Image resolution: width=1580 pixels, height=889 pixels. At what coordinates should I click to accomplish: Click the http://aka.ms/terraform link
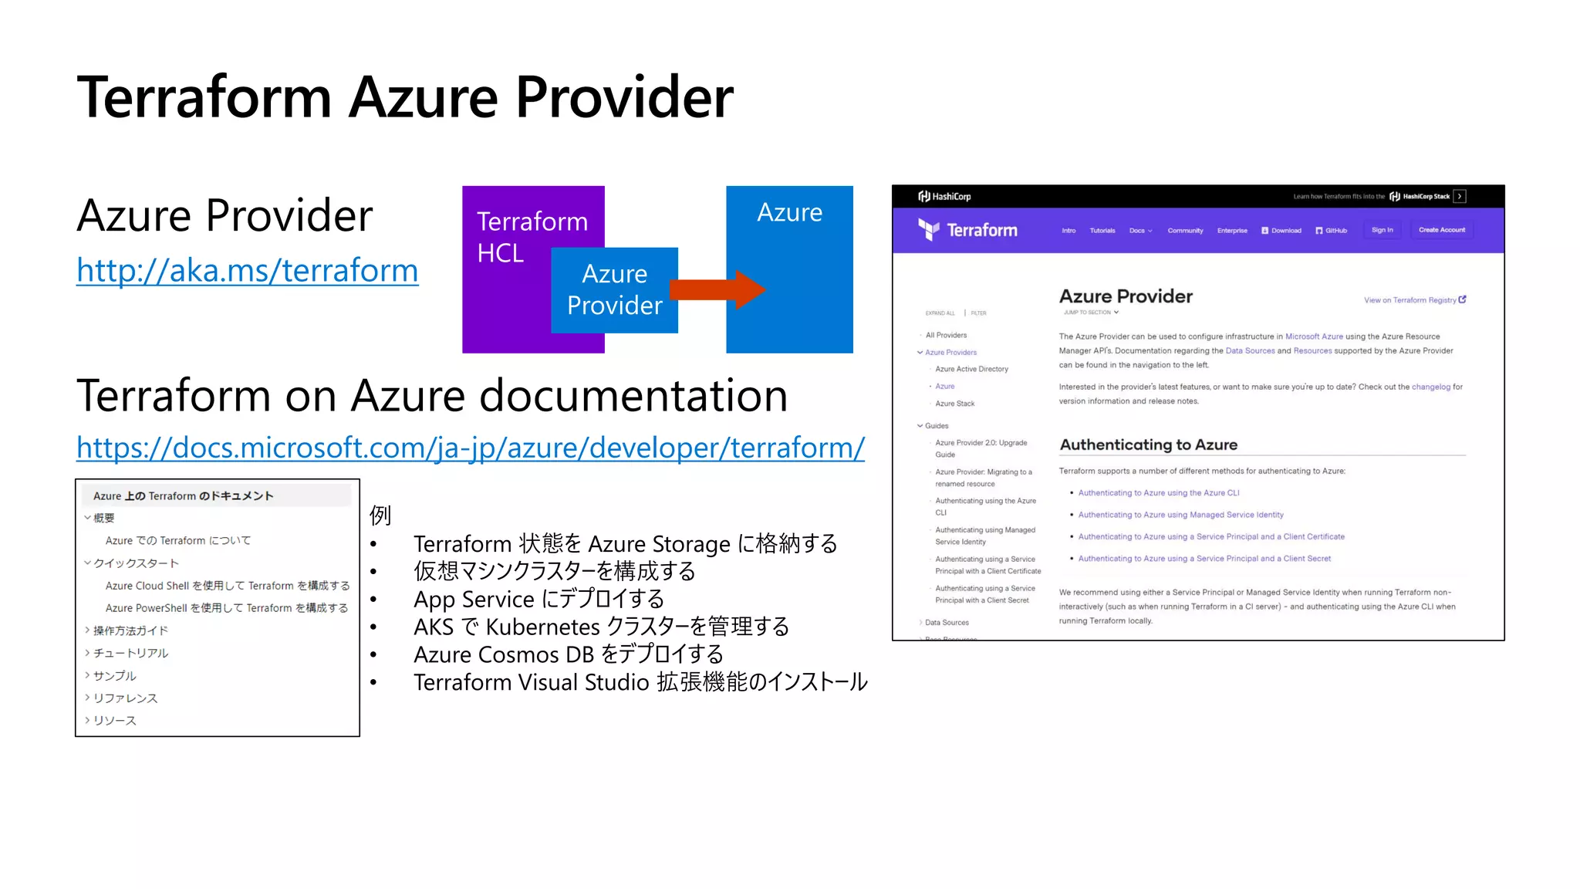(247, 271)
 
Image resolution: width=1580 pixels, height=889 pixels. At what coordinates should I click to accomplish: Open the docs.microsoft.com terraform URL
(471, 448)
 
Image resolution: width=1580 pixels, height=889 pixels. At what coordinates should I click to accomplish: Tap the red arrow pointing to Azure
(717, 290)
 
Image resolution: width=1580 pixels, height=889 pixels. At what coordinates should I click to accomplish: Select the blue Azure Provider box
(615, 290)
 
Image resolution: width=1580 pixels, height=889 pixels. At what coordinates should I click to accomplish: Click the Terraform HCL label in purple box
(532, 237)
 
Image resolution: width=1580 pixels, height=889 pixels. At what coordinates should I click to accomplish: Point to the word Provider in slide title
(624, 98)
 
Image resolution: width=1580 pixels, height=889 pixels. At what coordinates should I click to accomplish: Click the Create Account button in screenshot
(1441, 230)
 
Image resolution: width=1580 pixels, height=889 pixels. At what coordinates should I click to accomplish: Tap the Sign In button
(1382, 230)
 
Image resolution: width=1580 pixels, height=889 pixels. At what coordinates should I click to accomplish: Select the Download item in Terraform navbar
(1281, 231)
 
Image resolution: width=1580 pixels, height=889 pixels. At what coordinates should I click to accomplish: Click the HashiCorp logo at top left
(944, 197)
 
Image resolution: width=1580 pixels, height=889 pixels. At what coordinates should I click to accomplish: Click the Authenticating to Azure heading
(1148, 445)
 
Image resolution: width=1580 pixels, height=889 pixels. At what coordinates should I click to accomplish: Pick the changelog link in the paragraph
(1430, 387)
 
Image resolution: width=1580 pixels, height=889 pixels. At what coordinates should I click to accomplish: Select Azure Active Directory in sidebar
(971, 370)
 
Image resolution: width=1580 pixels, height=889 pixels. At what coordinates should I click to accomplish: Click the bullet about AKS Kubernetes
(601, 627)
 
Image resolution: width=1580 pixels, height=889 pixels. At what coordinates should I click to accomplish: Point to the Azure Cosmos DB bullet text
(568, 654)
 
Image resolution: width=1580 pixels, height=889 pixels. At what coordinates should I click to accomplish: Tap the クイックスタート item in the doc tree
(136, 563)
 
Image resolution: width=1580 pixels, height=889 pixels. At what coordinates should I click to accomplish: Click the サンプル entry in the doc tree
(114, 676)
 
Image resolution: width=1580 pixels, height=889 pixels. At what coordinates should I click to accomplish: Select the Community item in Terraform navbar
(1185, 231)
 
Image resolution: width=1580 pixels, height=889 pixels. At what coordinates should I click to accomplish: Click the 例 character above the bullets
(380, 515)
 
